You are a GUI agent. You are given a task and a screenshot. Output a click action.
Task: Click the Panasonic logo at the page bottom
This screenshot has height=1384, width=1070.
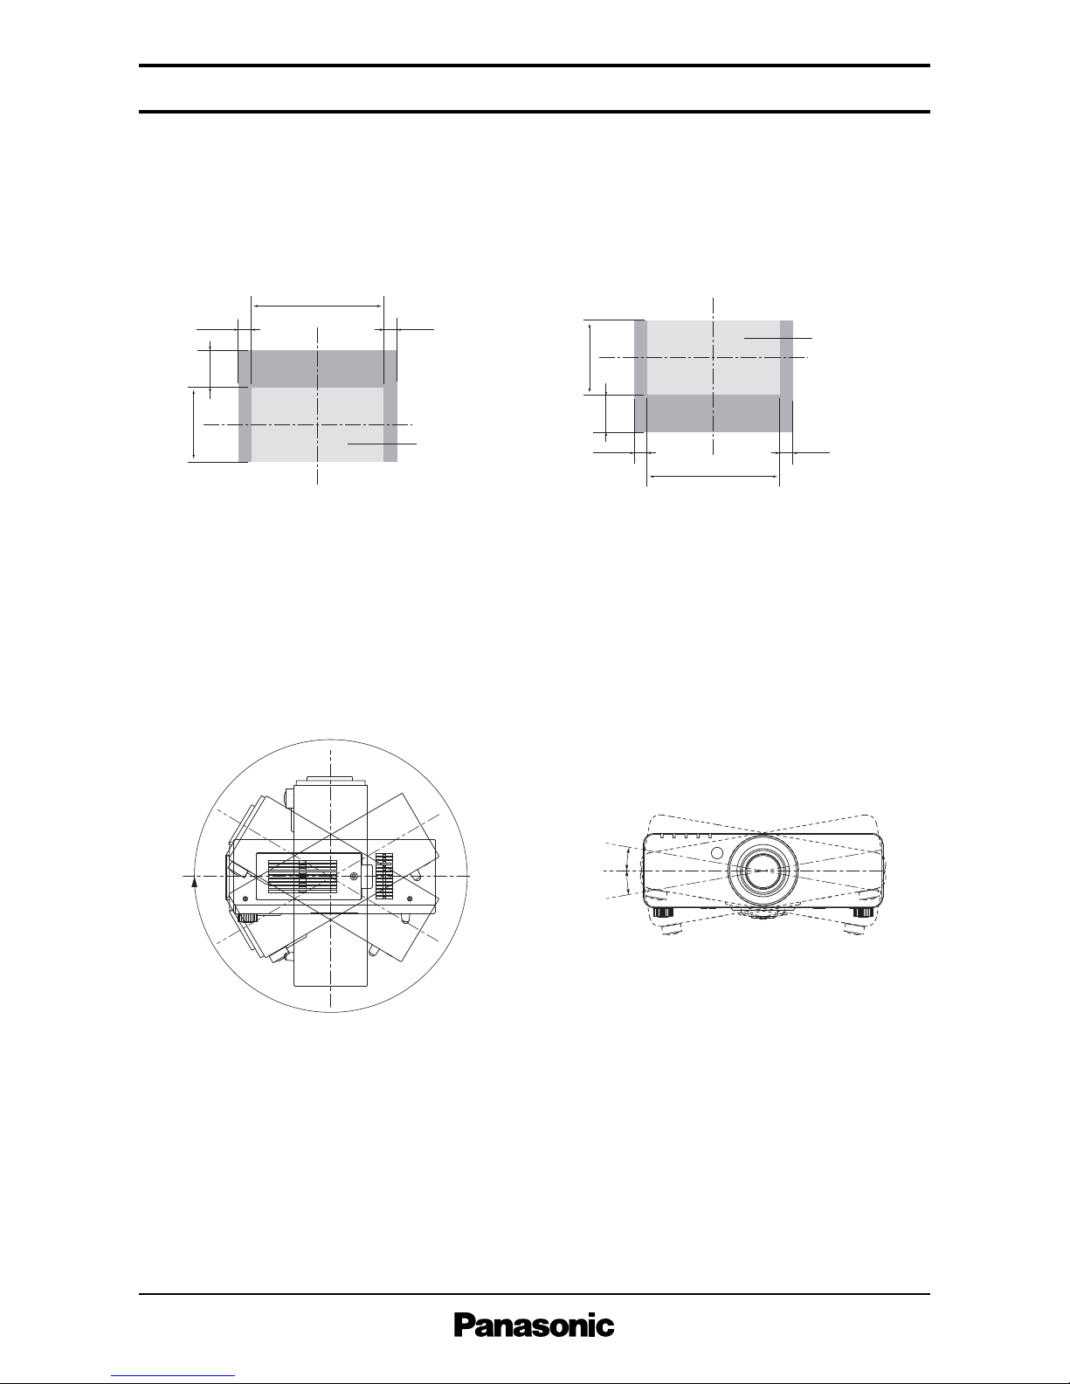[x=534, y=1326]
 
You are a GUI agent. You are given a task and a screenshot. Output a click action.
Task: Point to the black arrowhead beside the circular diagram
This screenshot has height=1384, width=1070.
[x=194, y=881]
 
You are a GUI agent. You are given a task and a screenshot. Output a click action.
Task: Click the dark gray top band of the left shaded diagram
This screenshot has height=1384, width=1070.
[x=317, y=368]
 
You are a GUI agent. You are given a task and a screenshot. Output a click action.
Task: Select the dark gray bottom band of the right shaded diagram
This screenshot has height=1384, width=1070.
[x=714, y=413]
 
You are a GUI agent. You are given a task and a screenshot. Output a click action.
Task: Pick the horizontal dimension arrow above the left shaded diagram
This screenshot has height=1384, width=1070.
[x=317, y=306]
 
